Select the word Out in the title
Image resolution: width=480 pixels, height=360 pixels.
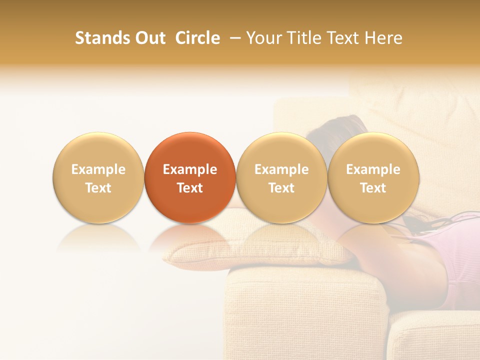click(149, 38)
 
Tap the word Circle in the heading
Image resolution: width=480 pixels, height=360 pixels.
click(197, 38)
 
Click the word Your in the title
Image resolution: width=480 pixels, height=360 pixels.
click(263, 38)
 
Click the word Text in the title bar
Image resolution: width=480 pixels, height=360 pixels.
click(343, 38)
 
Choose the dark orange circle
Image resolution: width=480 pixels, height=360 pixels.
click(190, 177)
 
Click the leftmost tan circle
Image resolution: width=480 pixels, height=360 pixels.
click(98, 177)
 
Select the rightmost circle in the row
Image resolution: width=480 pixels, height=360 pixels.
click(373, 177)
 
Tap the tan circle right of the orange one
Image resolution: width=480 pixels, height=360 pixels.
click(281, 177)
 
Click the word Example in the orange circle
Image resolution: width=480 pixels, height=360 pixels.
click(190, 169)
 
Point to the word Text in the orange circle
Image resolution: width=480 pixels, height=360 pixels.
click(190, 188)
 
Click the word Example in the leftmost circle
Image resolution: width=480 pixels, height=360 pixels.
click(98, 169)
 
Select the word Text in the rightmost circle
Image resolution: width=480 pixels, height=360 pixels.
click(373, 188)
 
